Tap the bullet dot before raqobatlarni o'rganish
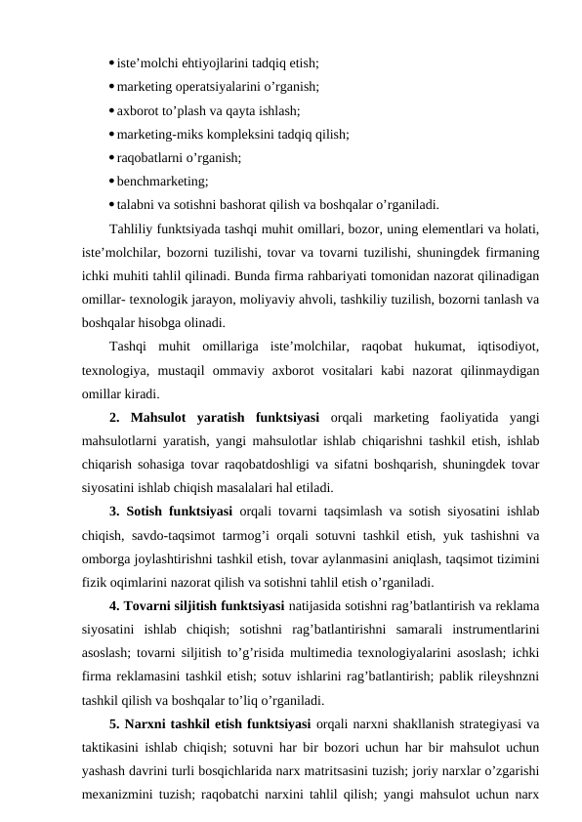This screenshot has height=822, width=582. click(111, 157)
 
